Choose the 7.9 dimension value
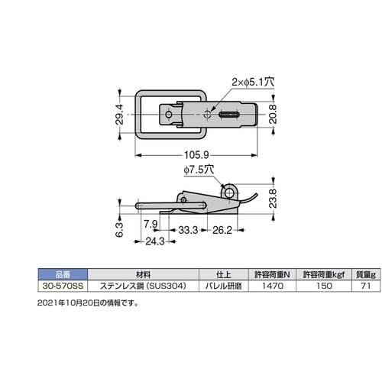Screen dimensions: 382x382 tap(151, 224)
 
